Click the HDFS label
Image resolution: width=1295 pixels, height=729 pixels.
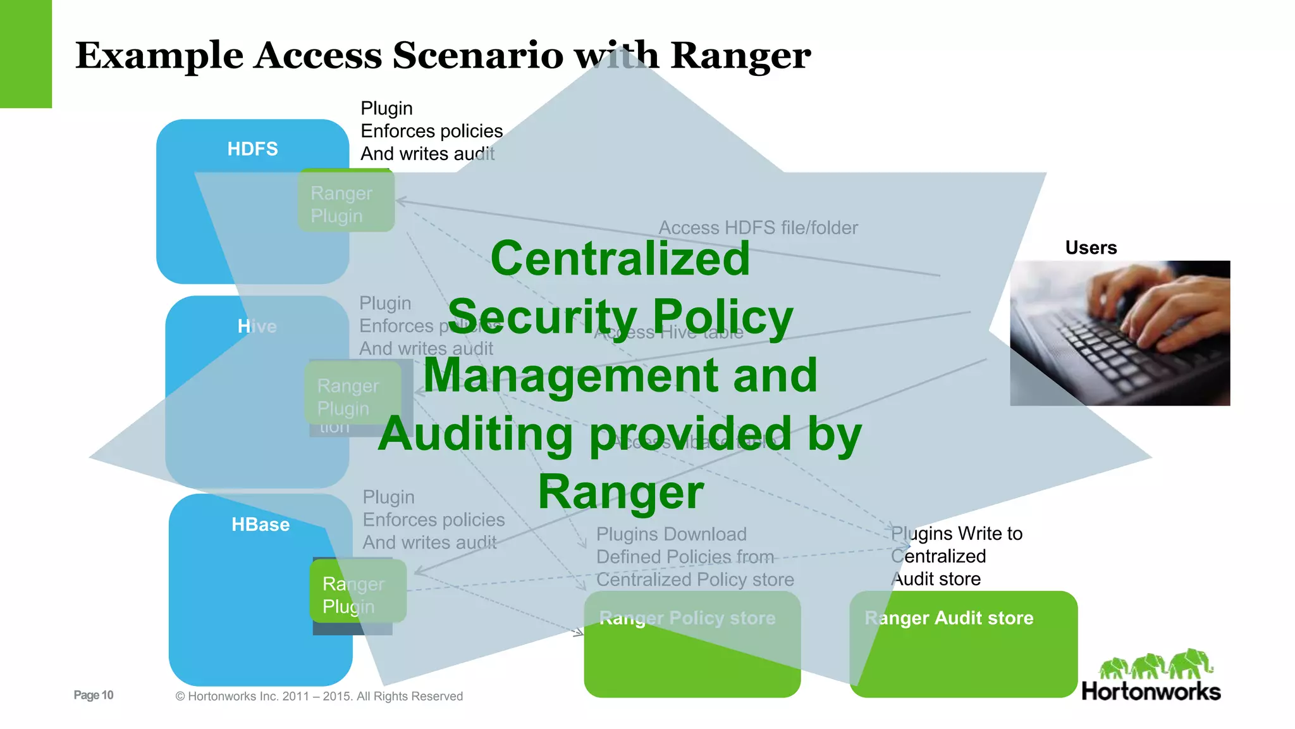tap(252, 149)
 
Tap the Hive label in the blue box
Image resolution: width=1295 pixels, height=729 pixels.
tap(257, 327)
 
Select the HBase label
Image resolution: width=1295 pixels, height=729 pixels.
tap(260, 525)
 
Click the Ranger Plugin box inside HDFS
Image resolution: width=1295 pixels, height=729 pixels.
tap(346, 204)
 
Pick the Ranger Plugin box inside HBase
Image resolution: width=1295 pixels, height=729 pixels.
tap(357, 594)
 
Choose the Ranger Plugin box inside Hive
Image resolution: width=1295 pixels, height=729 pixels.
tap(352, 396)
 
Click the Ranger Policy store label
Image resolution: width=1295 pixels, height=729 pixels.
tap(687, 618)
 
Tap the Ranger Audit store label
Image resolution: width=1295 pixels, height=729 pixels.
tap(948, 618)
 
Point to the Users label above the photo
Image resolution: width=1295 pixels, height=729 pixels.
tap(1091, 247)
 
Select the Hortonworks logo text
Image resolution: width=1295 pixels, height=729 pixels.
tap(1151, 691)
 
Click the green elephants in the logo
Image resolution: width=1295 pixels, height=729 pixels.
tap(1155, 664)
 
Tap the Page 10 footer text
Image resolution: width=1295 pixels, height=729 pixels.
tap(94, 695)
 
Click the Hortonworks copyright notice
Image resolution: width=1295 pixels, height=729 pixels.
tap(319, 696)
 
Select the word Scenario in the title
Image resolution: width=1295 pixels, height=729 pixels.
tap(477, 56)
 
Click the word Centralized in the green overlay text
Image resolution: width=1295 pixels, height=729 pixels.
tap(620, 259)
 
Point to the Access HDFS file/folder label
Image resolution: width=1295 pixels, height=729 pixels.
tap(758, 228)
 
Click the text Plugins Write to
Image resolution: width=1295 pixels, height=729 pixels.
tap(956, 533)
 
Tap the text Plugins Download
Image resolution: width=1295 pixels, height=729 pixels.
tap(671, 534)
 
